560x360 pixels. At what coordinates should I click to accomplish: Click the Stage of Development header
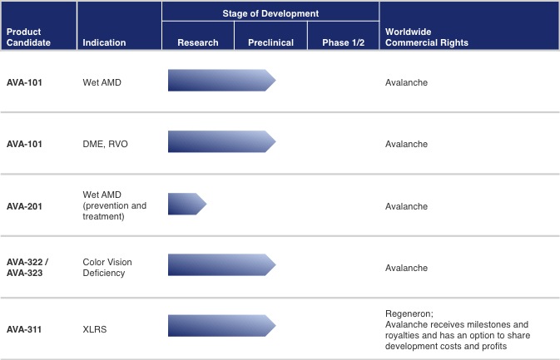click(270, 13)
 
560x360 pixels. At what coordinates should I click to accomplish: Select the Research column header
click(198, 42)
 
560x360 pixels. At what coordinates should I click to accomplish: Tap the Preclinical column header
click(270, 42)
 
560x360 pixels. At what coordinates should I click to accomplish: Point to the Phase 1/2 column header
click(342, 42)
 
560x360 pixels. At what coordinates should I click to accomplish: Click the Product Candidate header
click(23, 37)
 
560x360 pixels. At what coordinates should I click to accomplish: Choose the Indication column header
click(104, 42)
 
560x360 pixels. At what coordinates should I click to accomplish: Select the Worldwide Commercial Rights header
click(427, 37)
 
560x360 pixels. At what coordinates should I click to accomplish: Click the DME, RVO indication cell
click(107, 144)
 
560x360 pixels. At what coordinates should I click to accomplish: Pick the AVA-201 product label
click(24, 205)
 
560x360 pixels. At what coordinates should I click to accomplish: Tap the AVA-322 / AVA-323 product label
click(27, 267)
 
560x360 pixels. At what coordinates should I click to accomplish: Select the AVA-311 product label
click(24, 329)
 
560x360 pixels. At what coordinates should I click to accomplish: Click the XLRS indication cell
click(95, 329)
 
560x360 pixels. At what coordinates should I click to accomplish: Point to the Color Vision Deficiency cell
click(107, 267)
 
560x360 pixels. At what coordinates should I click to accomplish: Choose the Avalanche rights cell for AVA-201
click(406, 205)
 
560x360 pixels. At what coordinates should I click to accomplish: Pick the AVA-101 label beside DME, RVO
click(24, 144)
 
